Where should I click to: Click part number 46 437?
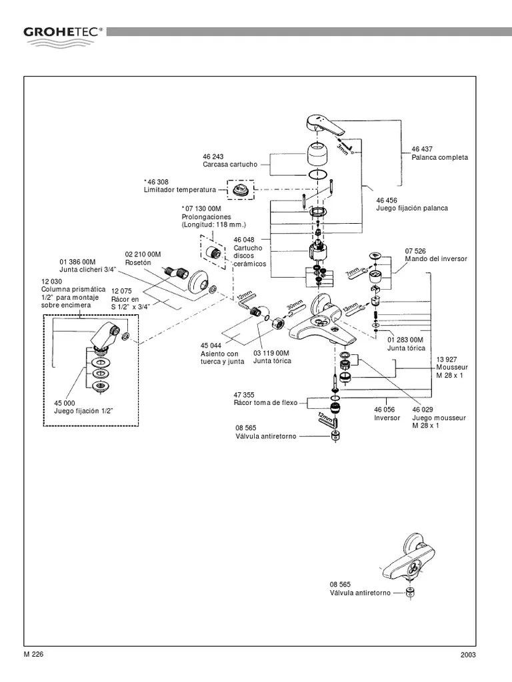point(423,149)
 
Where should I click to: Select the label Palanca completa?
point(440,157)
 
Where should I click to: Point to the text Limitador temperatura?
point(181,189)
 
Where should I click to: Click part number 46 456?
point(388,200)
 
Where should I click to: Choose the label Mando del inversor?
point(436,258)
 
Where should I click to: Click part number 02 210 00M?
point(143,254)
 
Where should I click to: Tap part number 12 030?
point(52,281)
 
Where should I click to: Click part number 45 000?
point(66,402)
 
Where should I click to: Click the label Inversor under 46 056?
point(387,418)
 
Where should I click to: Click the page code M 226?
point(34,653)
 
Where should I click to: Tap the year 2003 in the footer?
point(468,655)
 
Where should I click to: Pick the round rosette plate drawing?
point(198,282)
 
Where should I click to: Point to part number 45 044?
point(211,345)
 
